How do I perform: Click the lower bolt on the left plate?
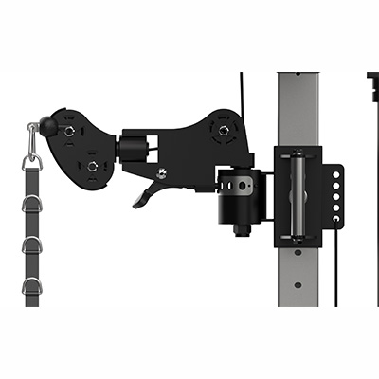(93, 167)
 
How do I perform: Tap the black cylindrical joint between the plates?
(133, 148)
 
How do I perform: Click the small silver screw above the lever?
(161, 172)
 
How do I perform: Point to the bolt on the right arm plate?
(223, 130)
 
